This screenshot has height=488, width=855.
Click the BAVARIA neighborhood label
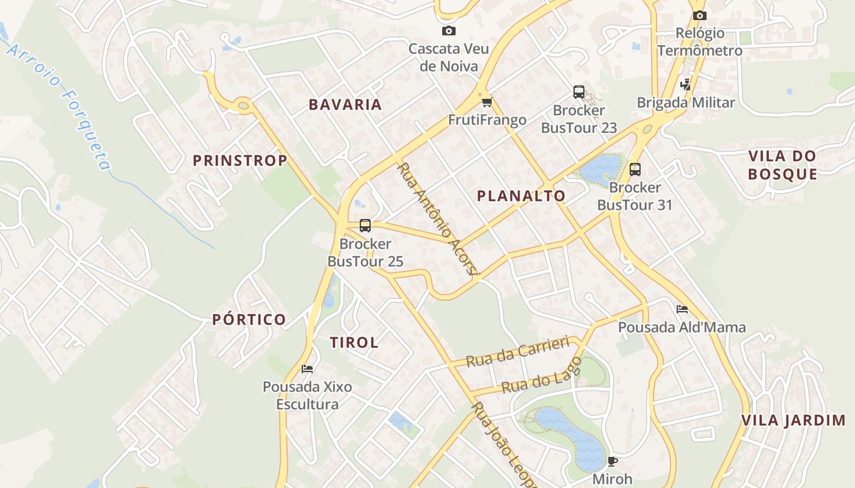[x=345, y=104]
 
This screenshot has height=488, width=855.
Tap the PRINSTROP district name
[x=240, y=160]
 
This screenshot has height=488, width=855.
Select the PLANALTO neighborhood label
[x=521, y=196]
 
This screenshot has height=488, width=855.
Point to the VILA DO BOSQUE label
[x=782, y=165]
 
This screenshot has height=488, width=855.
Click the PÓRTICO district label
[x=249, y=319]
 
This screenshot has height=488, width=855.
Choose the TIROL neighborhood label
[x=354, y=342]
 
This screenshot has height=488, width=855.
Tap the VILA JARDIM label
[x=793, y=420]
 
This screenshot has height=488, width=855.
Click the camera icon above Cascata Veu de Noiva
[x=449, y=30]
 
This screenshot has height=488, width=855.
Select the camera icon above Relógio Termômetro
[x=699, y=15]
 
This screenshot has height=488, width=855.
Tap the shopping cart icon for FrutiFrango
[x=487, y=102]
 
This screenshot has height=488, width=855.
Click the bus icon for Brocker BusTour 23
[x=578, y=92]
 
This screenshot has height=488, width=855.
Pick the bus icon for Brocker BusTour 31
[x=635, y=169]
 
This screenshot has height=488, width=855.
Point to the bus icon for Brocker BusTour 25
[x=365, y=226]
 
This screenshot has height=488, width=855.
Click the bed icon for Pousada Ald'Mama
[x=682, y=309]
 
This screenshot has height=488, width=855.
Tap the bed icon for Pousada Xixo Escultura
[x=307, y=368]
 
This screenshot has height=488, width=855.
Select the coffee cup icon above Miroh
[x=612, y=461]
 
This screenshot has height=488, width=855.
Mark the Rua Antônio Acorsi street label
[x=436, y=218]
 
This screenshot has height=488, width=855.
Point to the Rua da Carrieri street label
[x=517, y=352]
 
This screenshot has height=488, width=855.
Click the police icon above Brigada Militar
[x=686, y=84]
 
